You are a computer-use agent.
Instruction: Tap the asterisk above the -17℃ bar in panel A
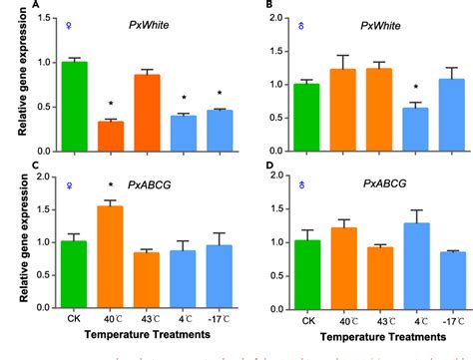point(220,95)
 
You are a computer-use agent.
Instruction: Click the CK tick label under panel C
point(72,323)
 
